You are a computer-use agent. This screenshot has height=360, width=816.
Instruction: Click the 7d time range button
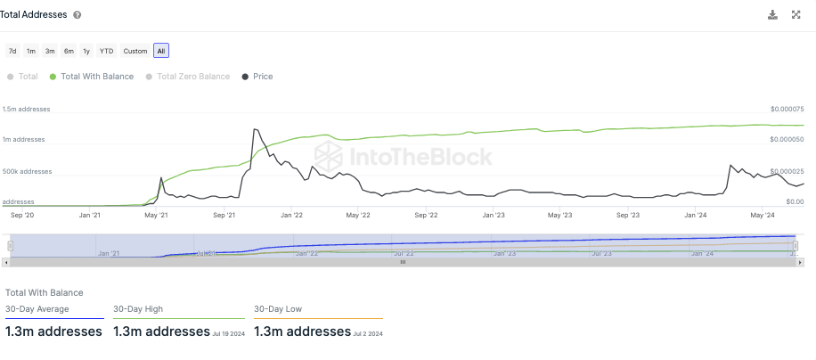(x=12, y=51)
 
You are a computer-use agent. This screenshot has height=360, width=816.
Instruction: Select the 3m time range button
(x=50, y=51)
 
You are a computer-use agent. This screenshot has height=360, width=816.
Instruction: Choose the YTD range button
(x=106, y=51)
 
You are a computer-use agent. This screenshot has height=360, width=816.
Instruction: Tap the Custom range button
(x=135, y=51)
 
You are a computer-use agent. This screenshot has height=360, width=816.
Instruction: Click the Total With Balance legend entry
(x=92, y=77)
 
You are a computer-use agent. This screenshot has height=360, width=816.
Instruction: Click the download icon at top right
(x=772, y=14)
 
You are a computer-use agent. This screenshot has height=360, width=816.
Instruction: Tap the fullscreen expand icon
(x=796, y=14)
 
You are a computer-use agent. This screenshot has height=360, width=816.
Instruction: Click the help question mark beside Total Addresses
(x=78, y=15)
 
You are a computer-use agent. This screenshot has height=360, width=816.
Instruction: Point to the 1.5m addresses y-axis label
(x=26, y=109)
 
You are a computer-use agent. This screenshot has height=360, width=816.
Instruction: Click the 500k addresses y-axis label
(x=27, y=171)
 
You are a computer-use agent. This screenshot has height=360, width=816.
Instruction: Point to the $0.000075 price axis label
(x=787, y=109)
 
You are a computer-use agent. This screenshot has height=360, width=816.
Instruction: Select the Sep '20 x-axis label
(x=22, y=215)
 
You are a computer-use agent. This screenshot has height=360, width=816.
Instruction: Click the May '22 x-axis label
(x=358, y=215)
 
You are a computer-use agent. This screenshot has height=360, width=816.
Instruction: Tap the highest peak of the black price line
(x=255, y=130)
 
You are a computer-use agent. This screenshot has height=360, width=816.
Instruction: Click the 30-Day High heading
(x=138, y=309)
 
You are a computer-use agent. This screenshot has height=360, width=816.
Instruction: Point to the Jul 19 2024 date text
(x=228, y=333)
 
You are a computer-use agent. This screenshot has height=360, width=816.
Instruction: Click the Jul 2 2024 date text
(x=368, y=333)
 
